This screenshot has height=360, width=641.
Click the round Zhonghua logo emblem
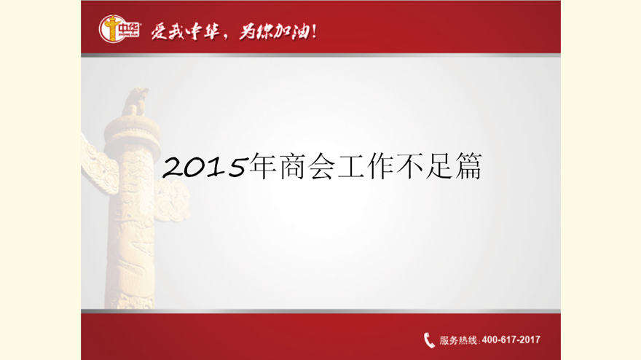111,28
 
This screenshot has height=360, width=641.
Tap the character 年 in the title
262,166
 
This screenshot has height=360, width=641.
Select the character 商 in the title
292,166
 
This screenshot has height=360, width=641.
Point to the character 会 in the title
321,166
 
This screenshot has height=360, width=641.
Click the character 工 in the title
351,166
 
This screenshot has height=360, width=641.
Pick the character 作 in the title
380,166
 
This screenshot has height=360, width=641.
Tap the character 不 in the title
409,166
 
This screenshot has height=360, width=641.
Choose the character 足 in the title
439,166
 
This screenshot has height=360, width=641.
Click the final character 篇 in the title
468,166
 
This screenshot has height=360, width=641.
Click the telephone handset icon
429,340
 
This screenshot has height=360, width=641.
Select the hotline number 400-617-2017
511,340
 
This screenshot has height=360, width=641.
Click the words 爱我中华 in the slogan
185,31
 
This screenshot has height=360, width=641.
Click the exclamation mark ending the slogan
314,31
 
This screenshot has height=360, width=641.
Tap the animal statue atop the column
135,101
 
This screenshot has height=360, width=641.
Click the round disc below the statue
132,130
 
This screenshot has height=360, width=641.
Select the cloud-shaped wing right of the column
172,201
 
